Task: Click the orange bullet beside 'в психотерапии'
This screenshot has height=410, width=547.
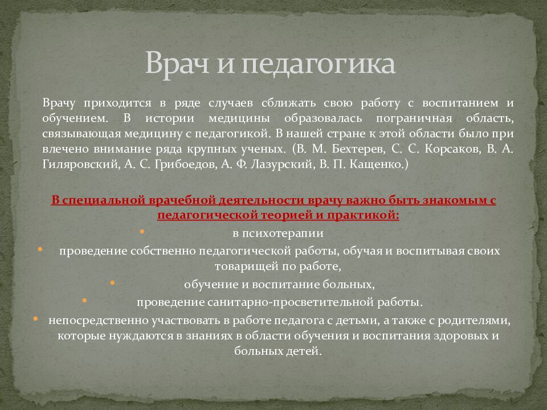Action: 141,231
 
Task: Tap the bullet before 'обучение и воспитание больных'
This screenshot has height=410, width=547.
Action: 112,281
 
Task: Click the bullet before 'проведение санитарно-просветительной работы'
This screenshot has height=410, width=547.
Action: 84,298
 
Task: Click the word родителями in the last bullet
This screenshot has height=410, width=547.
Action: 476,319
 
